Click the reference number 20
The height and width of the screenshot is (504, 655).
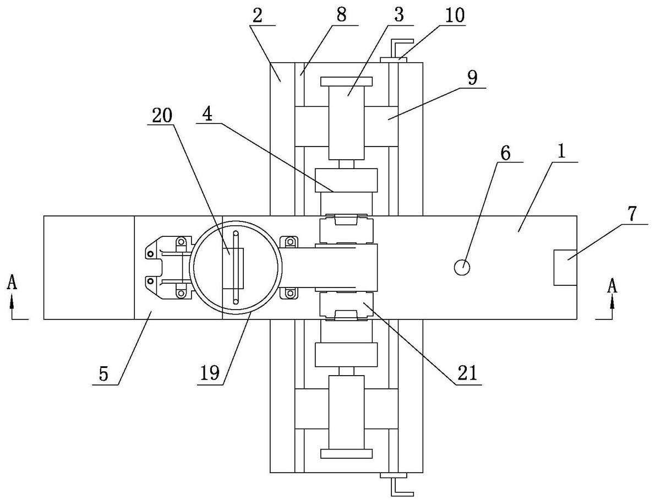coord(162,116)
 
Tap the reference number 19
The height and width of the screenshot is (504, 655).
coord(210,372)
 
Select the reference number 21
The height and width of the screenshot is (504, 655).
coord(467,373)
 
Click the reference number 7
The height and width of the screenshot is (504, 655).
coord(632,214)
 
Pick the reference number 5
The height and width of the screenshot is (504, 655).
coord(103,373)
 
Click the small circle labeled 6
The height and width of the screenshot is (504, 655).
coord(462,267)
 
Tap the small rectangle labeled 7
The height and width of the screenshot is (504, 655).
coord(566,268)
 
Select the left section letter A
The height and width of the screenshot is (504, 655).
coord(13,284)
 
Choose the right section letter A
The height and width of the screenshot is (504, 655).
coord(612,286)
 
